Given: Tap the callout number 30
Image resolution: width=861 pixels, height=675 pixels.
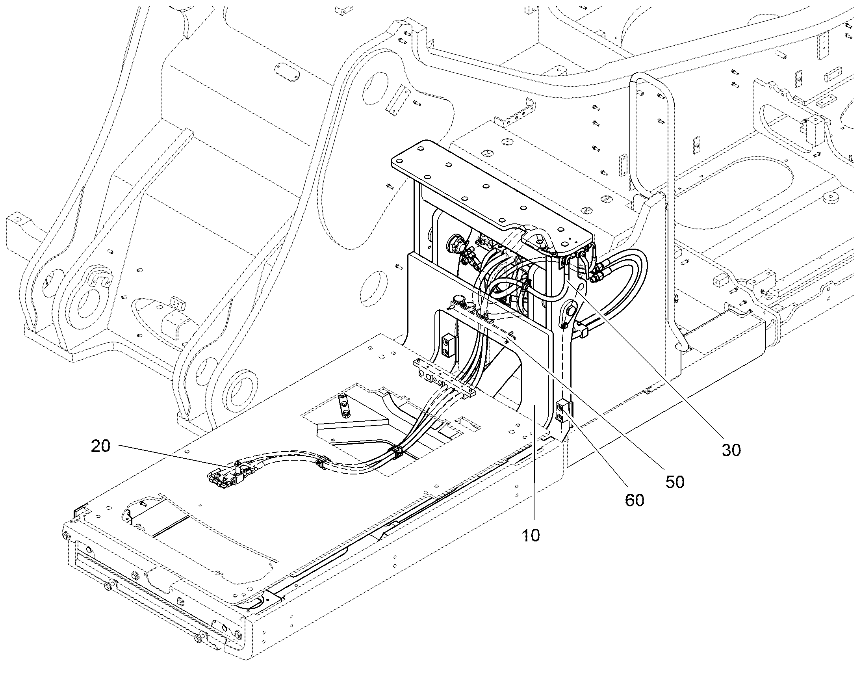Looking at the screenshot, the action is click(x=731, y=450).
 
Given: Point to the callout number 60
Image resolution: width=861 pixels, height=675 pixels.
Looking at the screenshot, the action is click(x=635, y=500).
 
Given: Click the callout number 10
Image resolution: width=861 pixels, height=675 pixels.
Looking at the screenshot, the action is click(x=531, y=536).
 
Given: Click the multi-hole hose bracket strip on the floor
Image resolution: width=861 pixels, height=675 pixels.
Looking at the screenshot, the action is click(x=442, y=377).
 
